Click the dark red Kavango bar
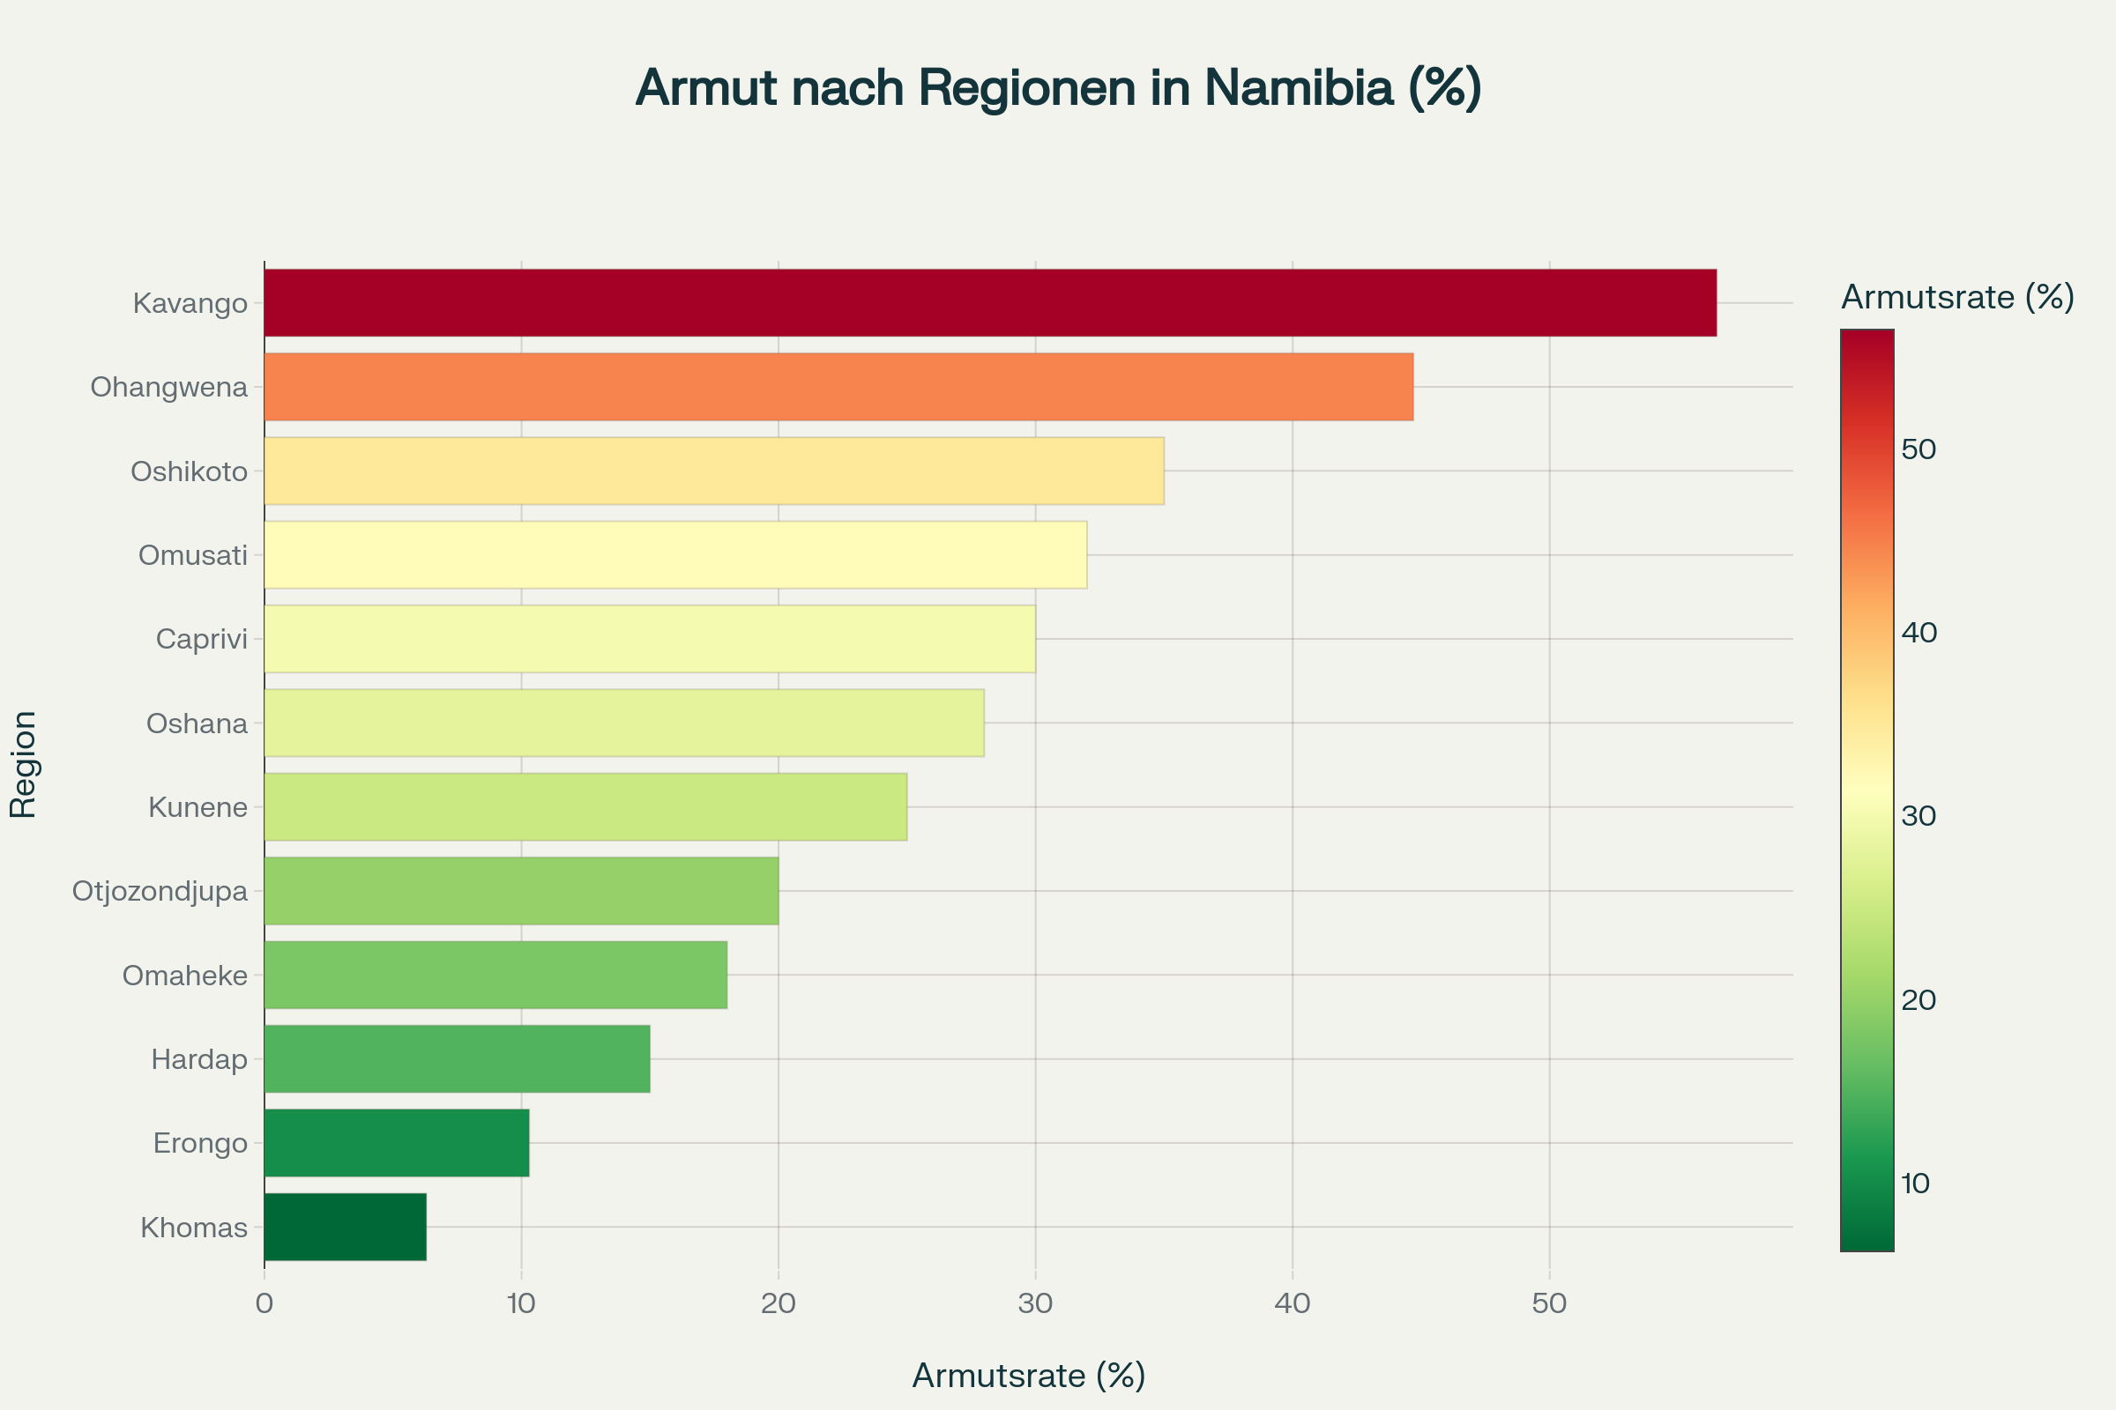(989, 303)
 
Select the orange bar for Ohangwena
(838, 387)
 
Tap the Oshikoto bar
(713, 471)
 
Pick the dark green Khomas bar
(345, 1227)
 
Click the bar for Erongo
(396, 1143)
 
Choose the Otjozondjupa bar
(521, 891)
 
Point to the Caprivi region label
(202, 640)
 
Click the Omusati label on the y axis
(192, 556)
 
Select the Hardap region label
(199, 1059)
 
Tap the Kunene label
(197, 807)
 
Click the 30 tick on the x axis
(1035, 1304)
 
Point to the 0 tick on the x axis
(264, 1304)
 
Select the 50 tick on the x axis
(1549, 1304)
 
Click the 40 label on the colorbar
(1919, 633)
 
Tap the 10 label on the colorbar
(1915, 1184)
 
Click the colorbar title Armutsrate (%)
(1957, 297)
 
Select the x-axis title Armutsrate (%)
(1028, 1376)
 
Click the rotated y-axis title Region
(24, 764)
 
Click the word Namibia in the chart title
(1298, 88)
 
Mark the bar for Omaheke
(495, 975)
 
